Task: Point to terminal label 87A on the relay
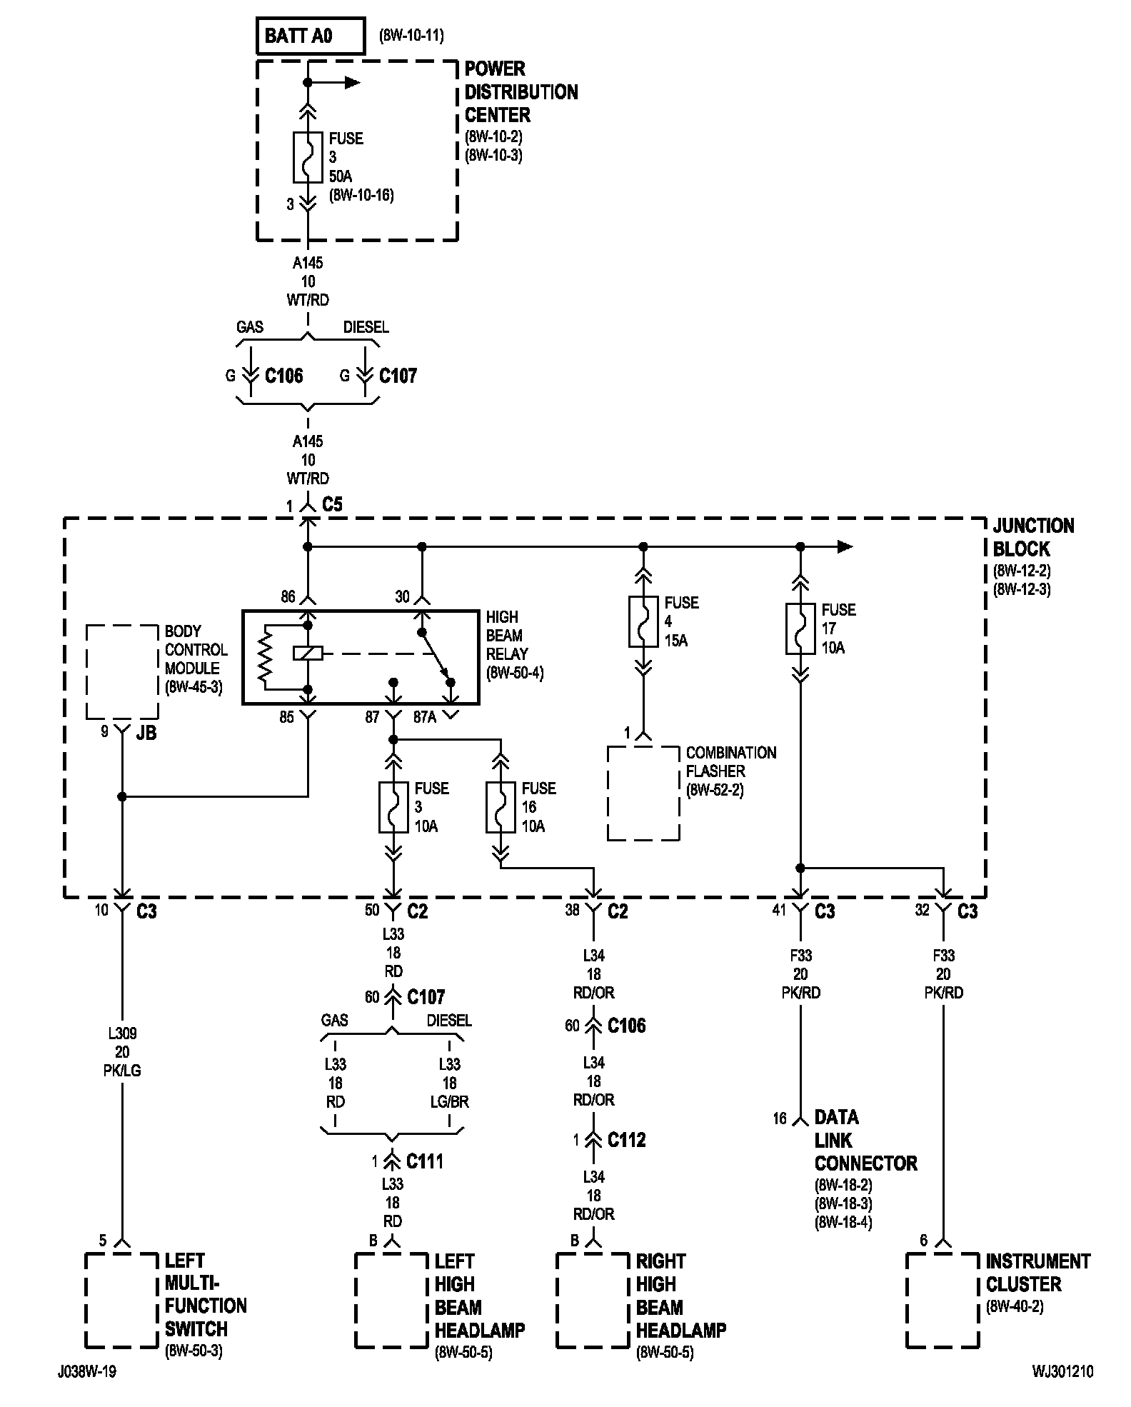pyautogui.click(x=425, y=717)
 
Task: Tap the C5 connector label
pyautogui.click(x=332, y=504)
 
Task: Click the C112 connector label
pyautogui.click(x=626, y=1140)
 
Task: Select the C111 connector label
pyautogui.click(x=425, y=1161)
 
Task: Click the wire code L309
pyautogui.click(x=123, y=1033)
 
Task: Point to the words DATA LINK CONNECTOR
pyautogui.click(x=865, y=1141)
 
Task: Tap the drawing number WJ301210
pyautogui.click(x=1062, y=1372)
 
